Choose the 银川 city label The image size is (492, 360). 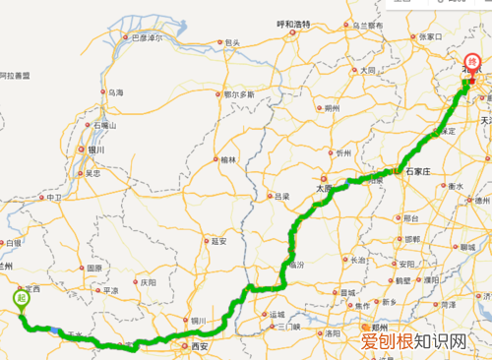95,150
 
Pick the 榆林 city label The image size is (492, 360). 228,158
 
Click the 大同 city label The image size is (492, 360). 367,70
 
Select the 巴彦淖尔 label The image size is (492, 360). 139,37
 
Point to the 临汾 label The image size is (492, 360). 294,266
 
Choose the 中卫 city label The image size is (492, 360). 53,198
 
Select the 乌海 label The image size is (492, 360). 116,91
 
